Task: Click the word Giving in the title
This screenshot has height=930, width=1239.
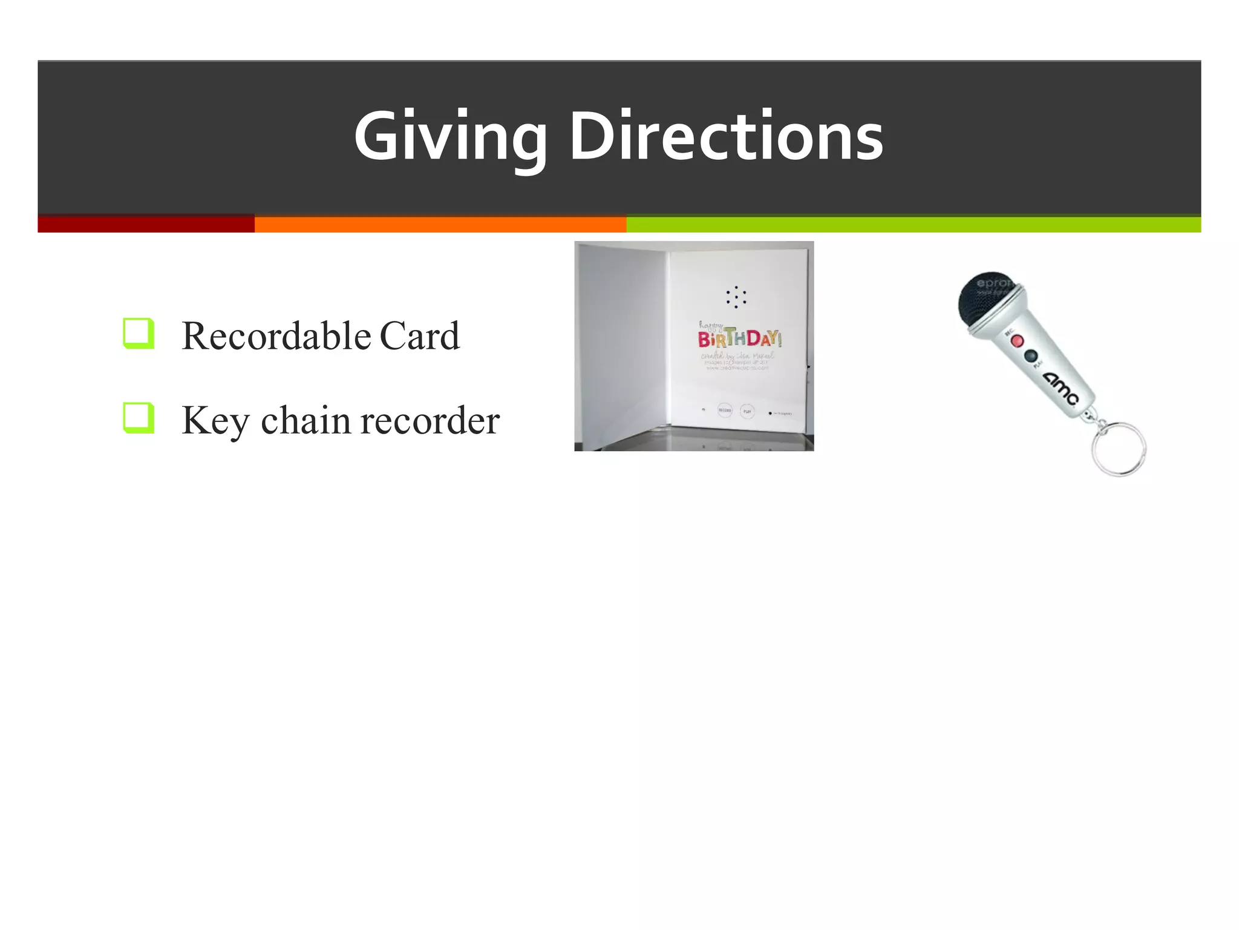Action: (450, 137)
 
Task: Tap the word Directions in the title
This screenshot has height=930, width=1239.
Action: (726, 137)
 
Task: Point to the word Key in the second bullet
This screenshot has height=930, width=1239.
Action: (215, 421)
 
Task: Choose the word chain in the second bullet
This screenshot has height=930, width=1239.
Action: (305, 420)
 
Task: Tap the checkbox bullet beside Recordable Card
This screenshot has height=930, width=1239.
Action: (138, 333)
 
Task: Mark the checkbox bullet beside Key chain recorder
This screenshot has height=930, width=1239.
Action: (138, 418)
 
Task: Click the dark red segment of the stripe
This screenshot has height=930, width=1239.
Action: (146, 224)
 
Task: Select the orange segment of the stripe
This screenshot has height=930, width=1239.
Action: (440, 224)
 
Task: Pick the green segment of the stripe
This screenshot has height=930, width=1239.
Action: (914, 224)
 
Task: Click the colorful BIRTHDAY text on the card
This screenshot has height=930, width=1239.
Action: (739, 338)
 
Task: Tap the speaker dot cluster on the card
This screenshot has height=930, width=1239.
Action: (736, 297)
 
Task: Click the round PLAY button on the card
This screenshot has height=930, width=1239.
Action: (747, 411)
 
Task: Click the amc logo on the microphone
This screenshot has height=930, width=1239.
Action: (1060, 388)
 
